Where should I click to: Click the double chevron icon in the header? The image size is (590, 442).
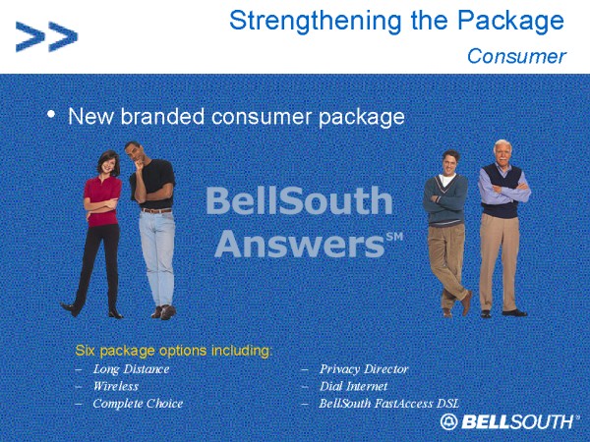point(46,36)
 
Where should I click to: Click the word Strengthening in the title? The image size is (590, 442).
point(317,21)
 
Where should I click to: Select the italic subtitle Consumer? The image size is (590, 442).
point(516,56)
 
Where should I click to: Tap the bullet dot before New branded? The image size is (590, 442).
point(51,114)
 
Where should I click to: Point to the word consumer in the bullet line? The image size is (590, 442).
point(262,117)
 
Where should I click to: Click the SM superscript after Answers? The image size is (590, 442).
point(394,237)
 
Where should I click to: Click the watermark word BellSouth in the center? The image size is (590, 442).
point(299,201)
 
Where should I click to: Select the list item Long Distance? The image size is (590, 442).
point(132,369)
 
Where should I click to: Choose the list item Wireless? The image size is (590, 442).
point(116,386)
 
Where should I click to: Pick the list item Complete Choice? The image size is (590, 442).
point(138,404)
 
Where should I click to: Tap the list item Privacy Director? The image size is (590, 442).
point(364,369)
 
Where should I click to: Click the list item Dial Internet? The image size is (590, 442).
point(353,386)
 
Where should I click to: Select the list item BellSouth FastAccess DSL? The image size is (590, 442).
point(389,404)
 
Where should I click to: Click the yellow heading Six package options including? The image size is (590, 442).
point(173,351)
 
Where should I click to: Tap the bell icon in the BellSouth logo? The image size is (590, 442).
point(449,421)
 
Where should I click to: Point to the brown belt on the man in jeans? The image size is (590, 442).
point(156,210)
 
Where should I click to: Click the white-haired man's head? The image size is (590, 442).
point(502,152)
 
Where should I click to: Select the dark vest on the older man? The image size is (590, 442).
point(502,192)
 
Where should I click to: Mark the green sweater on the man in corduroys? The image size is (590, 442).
point(445,199)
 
